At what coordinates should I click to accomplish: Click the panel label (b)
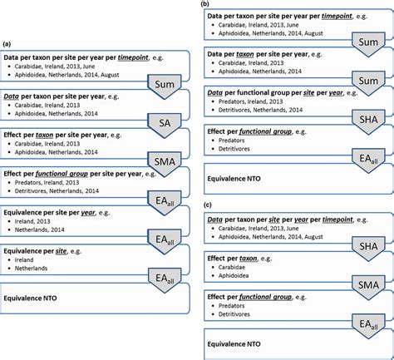coord(205,4)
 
